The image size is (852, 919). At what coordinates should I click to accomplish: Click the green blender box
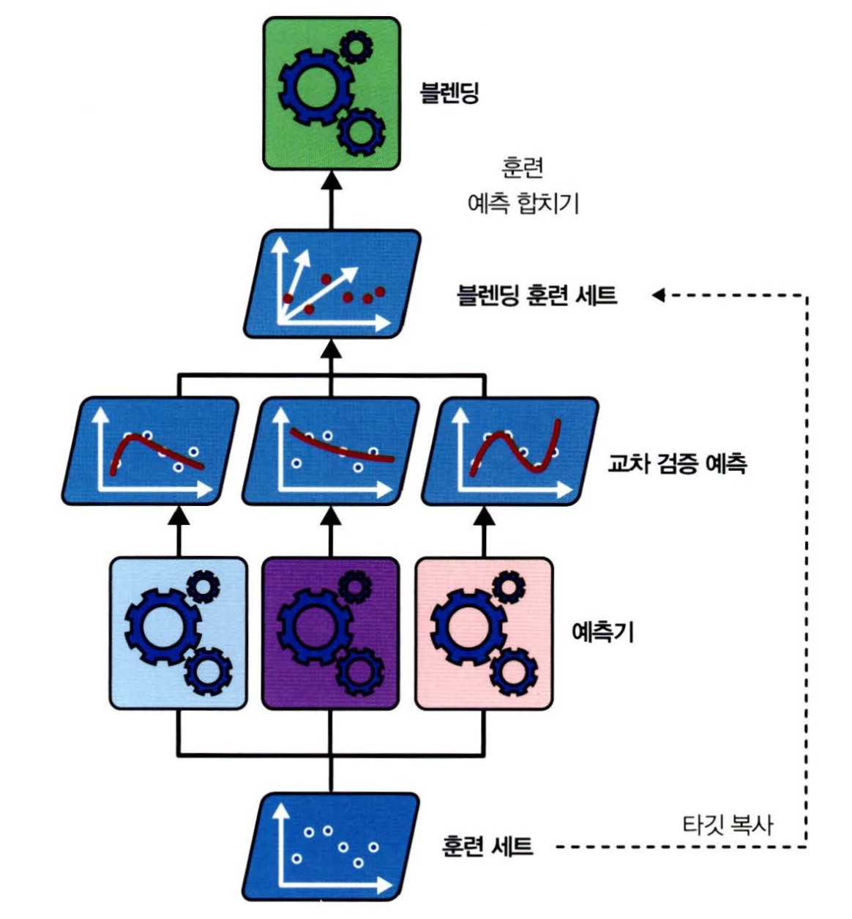332,93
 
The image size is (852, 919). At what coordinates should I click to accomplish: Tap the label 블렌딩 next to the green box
449,93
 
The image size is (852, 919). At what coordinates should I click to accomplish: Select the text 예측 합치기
523,203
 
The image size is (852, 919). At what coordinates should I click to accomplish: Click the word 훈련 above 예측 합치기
523,168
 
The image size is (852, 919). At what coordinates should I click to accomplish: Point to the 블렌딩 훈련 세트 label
537,295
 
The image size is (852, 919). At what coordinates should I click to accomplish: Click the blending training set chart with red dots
332,284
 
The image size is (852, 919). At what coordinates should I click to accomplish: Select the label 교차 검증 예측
677,464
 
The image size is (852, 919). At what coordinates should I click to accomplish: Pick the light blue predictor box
178,633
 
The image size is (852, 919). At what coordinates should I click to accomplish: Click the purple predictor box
331,633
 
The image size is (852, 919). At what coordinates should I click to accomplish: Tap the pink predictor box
484,633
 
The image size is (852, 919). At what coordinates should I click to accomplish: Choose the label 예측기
602,631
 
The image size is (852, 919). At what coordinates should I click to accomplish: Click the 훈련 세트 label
487,847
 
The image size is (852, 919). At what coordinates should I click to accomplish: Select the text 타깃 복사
728,825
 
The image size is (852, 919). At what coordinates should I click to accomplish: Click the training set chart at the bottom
331,847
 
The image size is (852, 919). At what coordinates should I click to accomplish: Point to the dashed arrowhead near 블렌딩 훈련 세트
658,295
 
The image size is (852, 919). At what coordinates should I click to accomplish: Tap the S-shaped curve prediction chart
510,451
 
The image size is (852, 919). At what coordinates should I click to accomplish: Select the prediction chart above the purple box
331,451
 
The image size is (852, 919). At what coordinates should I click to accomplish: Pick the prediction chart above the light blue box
150,451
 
